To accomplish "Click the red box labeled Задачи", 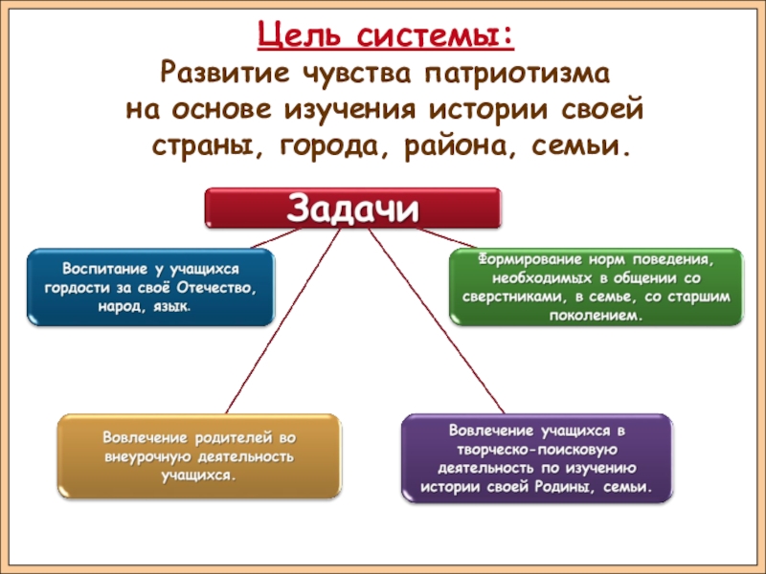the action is coord(352,209).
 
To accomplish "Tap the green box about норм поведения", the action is coord(597,287).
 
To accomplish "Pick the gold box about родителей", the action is coord(198,455).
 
